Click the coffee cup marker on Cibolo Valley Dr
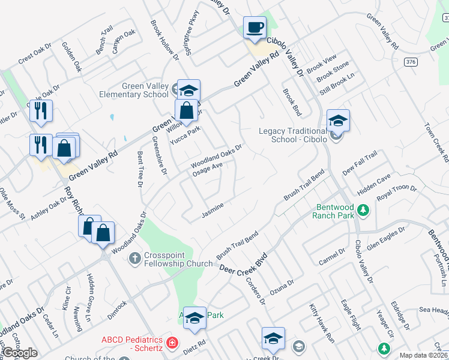pyautogui.click(x=255, y=27)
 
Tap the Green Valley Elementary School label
pyautogui.click(x=145, y=90)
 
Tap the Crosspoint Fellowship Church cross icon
pyautogui.click(x=135, y=258)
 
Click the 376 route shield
pyautogui.click(x=411, y=62)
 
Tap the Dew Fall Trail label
pyautogui.click(x=360, y=164)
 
